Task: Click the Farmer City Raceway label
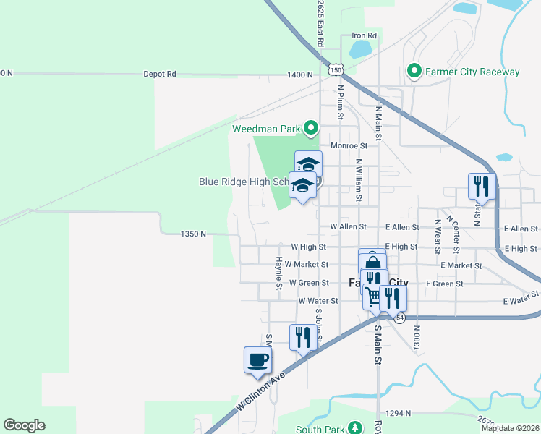472,72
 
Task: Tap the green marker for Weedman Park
312,129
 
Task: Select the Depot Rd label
160,74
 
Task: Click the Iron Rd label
364,35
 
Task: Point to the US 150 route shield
334,69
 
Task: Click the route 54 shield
399,318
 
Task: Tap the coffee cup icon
257,359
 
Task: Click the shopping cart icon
373,296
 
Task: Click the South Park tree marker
355,428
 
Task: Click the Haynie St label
278,273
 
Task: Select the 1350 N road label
194,234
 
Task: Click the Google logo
24,425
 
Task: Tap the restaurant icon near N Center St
480,186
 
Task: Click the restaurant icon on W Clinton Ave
303,337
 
